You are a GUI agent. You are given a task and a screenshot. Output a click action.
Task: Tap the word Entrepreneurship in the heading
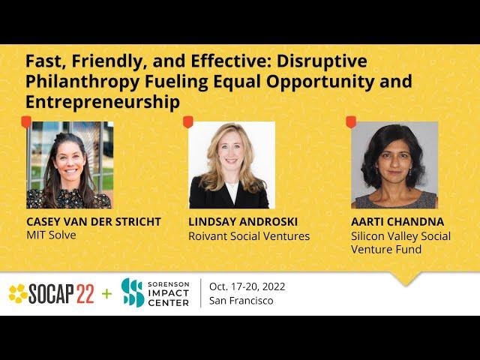(103, 102)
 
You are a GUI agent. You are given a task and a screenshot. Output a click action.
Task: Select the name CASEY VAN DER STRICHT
(94, 222)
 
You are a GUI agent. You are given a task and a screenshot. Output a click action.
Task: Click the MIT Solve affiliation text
(51, 235)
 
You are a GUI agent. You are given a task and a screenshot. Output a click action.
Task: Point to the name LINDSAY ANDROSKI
(243, 222)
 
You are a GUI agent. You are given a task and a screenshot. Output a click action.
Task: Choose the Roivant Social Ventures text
(249, 236)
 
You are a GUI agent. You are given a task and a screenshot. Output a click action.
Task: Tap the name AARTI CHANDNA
(397, 222)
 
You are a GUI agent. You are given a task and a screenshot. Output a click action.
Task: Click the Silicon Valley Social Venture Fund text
(400, 242)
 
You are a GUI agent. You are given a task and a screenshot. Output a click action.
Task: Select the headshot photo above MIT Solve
(70, 165)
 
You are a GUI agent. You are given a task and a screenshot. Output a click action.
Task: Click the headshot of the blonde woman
(232, 165)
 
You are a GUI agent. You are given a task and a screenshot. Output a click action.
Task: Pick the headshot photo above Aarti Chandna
(394, 165)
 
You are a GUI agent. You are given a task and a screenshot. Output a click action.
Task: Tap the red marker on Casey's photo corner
(26, 121)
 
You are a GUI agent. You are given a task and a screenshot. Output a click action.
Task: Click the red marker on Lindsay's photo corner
(188, 121)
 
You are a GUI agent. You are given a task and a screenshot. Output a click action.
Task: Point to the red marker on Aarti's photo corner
(351, 121)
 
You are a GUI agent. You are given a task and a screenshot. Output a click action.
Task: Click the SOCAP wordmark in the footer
(51, 294)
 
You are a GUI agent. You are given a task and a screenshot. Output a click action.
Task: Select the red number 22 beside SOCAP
(85, 294)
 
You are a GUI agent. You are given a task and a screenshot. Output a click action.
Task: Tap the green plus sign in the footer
(106, 294)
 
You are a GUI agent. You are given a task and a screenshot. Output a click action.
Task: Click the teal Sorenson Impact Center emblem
(133, 292)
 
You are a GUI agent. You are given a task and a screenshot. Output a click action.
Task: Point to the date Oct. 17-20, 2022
(247, 286)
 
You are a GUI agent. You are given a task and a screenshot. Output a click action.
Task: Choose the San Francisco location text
(241, 301)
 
